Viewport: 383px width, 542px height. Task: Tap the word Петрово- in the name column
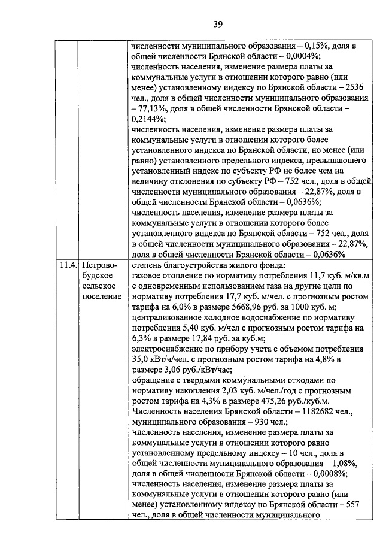pyautogui.click(x=100, y=265)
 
